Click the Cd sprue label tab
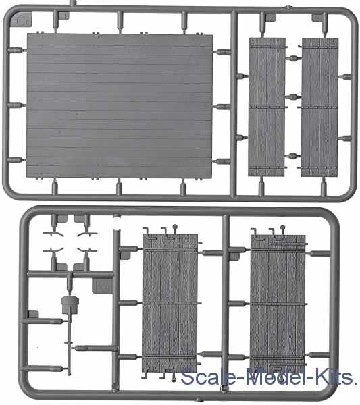pyautogui.click(x=23, y=21)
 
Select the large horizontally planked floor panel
pyautogui.click(x=120, y=106)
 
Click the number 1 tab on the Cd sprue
pyautogui.click(x=64, y=16)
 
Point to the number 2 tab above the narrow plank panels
pyautogui.click(x=270, y=18)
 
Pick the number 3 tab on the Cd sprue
pyautogui.click(x=317, y=18)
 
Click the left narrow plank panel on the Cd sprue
pyautogui.click(x=267, y=107)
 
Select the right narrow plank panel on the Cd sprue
pyautogui.click(x=319, y=107)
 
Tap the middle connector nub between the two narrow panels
pyautogui.click(x=293, y=97)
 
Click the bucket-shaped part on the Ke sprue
pyautogui.click(x=70, y=305)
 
